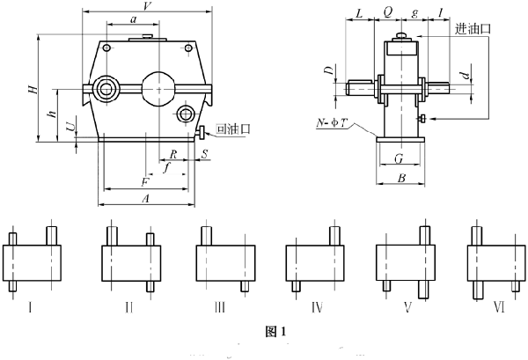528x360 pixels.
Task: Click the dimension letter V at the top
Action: tap(146, 6)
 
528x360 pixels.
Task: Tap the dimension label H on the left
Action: tap(33, 89)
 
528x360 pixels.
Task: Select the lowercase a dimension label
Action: tap(134, 19)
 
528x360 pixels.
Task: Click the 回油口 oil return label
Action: tap(233, 129)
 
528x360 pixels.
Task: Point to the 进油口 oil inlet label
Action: tap(473, 29)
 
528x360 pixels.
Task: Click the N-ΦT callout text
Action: tap(332, 122)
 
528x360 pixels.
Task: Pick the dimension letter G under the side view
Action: tap(399, 158)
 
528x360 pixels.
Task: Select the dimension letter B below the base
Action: tap(401, 178)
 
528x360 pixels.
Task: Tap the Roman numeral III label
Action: tap(219, 307)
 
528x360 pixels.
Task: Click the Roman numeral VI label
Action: tap(499, 307)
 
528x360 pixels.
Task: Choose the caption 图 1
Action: tap(275, 332)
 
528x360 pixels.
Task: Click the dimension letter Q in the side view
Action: tap(388, 12)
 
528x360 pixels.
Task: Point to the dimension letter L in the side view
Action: tap(359, 13)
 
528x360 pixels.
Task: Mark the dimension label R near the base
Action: tap(173, 154)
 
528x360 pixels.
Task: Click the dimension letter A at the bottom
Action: tap(145, 198)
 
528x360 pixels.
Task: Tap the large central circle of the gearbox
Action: tap(158, 89)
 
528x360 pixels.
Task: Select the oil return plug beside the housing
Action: tap(201, 132)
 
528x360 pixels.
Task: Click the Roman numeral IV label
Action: tap(317, 307)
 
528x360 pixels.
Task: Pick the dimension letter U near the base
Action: tap(70, 127)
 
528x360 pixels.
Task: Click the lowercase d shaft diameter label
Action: tap(466, 75)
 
